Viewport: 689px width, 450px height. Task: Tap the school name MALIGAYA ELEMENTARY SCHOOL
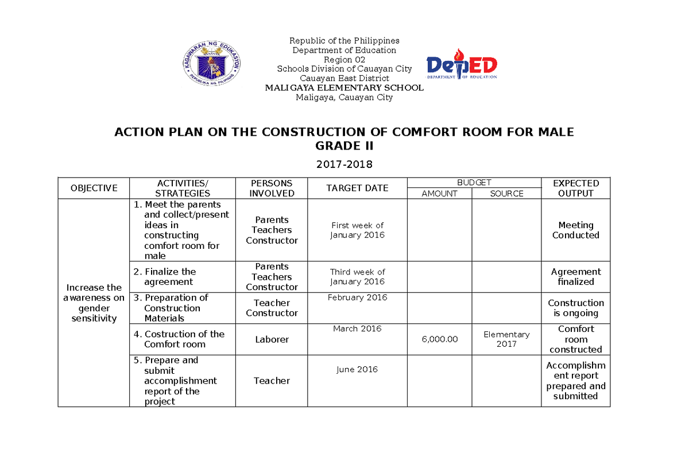[344, 88]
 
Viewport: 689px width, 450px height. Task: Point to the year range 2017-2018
[344, 165]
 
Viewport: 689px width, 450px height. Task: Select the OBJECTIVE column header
[94, 188]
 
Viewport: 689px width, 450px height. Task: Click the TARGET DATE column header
[357, 188]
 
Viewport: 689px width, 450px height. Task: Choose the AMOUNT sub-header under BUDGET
[439, 194]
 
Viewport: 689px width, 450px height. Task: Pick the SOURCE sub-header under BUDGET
[506, 194]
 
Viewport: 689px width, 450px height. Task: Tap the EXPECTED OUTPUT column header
[575, 188]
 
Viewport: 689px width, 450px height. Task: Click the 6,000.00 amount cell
[439, 339]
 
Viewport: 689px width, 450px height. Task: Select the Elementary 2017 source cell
[506, 339]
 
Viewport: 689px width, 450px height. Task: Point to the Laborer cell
[272, 339]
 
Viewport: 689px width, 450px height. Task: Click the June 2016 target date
[357, 370]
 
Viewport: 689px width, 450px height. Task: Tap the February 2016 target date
[357, 298]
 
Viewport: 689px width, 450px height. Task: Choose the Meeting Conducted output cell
[575, 230]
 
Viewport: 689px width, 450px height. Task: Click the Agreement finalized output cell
[575, 277]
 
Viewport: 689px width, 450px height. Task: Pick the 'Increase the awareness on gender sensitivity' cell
[94, 303]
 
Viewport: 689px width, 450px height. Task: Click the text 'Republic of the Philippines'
[344, 41]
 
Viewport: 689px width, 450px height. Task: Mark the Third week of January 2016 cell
[357, 277]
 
